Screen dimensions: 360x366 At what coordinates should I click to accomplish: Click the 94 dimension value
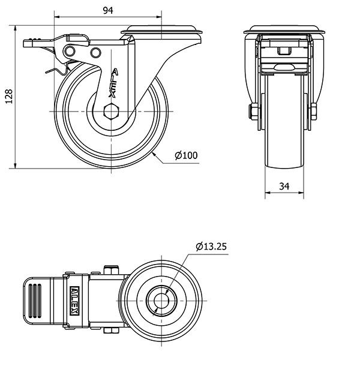(108, 11)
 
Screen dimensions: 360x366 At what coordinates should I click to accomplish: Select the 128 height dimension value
(9, 96)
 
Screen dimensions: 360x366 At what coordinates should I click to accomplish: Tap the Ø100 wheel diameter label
(186, 155)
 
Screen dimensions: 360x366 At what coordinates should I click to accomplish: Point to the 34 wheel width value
(284, 186)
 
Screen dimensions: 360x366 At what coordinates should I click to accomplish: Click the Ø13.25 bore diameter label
(211, 247)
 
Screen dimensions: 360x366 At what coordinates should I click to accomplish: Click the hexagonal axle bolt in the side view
(112, 112)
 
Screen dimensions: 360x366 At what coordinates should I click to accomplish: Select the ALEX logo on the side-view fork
(113, 83)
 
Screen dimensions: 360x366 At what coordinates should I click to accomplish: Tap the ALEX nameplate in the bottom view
(75, 301)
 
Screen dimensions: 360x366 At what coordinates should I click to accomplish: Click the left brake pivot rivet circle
(70, 51)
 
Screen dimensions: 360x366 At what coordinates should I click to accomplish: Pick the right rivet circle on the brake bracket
(95, 53)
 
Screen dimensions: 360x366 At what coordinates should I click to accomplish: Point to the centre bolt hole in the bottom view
(161, 301)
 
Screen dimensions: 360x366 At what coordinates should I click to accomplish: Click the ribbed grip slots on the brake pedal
(35, 301)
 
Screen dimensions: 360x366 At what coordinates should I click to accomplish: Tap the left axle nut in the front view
(254, 112)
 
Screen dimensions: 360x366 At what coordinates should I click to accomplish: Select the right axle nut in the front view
(314, 112)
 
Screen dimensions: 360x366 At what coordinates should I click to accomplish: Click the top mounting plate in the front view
(284, 29)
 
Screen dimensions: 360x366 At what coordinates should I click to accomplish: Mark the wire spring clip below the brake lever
(58, 69)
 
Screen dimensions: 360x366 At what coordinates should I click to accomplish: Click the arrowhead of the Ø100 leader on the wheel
(154, 154)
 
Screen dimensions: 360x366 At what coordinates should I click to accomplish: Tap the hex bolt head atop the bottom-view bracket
(111, 270)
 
